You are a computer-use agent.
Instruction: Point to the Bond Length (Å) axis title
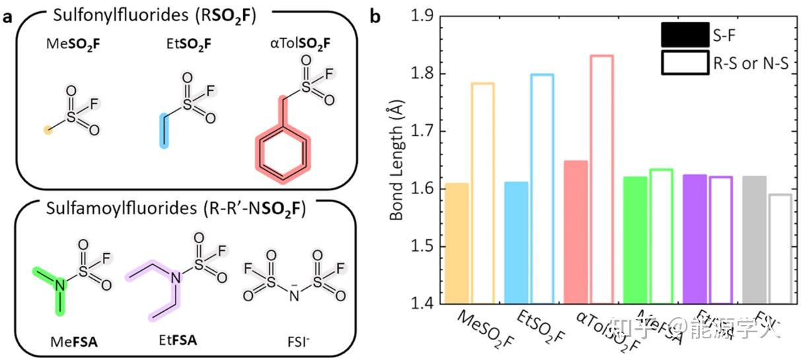point(396,160)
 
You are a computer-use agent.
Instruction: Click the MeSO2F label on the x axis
point(488,328)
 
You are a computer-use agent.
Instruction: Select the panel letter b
point(375,15)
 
